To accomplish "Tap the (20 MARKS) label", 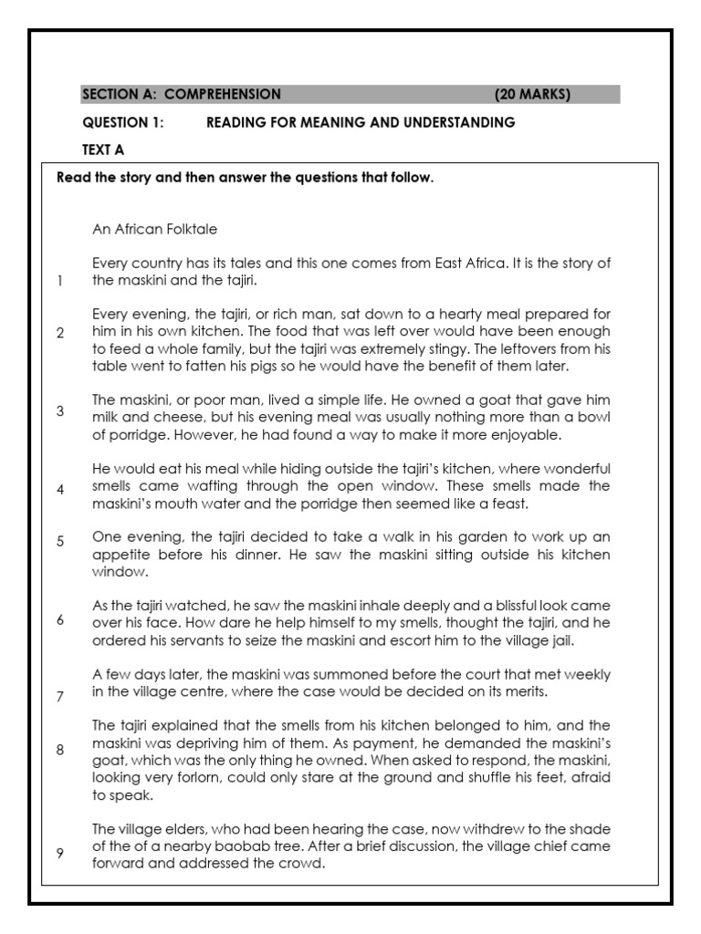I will coord(532,95).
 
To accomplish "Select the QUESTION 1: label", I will coord(123,122).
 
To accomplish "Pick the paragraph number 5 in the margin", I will coord(60,541).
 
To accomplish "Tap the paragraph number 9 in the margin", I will coord(60,853).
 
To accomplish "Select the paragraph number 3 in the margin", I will coord(60,410).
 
